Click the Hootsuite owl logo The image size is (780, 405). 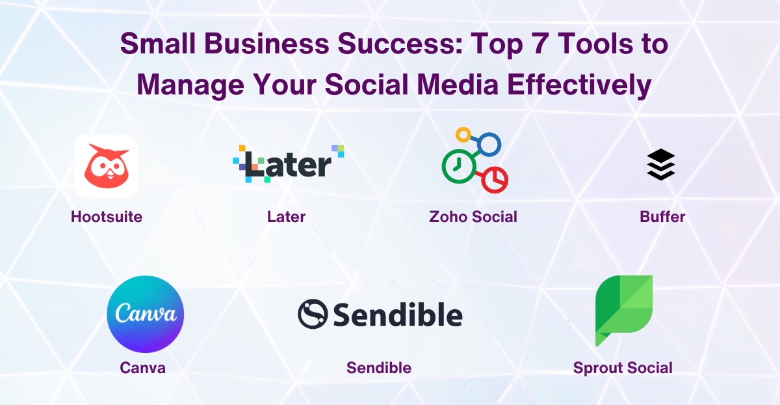coord(107,165)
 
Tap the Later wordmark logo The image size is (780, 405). coord(289,163)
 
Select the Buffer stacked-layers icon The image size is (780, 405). coord(661,165)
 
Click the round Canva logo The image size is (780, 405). coord(146,314)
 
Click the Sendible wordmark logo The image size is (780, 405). coord(380,314)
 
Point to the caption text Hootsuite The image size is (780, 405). coord(107,217)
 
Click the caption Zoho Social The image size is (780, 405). coord(473,217)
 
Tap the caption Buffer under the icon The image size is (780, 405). coord(662,217)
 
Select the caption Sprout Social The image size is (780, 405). coord(623,368)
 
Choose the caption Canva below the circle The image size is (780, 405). coord(143,368)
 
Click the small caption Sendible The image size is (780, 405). coord(379,368)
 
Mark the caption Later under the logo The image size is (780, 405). coord(286,217)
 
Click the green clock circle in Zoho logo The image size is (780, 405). coord(459,165)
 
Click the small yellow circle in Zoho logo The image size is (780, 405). coord(463,135)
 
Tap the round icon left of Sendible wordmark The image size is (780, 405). coord(311,314)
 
